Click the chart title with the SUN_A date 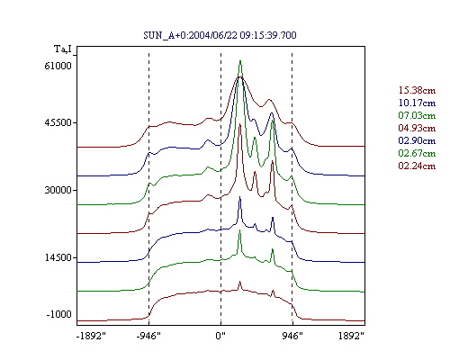point(220,35)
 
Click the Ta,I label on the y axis point(63,49)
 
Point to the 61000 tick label point(58,66)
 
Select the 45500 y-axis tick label point(58,122)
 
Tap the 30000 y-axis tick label point(58,190)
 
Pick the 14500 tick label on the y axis point(58,257)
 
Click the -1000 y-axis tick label point(59,314)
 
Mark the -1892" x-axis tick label point(92,336)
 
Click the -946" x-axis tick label point(148,336)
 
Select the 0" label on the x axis point(220,336)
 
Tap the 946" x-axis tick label point(292,336)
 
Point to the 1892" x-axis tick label point(351,336)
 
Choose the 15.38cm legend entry point(417,90)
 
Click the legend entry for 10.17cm point(417,103)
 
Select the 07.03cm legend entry point(417,115)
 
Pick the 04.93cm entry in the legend point(417,128)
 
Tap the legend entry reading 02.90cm point(417,140)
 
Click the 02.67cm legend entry point(417,153)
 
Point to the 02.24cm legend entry point(417,166)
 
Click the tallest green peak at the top point(240,61)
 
